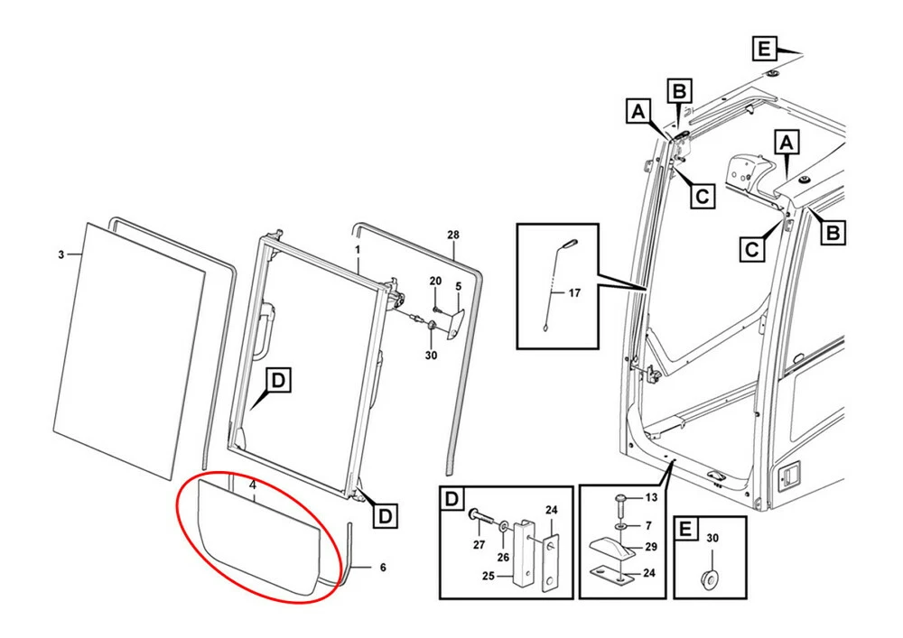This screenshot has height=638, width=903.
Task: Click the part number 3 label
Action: pos(61,255)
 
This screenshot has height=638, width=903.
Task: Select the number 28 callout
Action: pos(453,235)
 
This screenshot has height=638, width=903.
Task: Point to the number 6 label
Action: pos(382,568)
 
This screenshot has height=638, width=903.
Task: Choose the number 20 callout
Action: pos(434,282)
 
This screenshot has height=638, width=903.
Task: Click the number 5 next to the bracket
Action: pos(458,287)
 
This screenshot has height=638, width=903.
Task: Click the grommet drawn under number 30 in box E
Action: pos(712,577)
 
